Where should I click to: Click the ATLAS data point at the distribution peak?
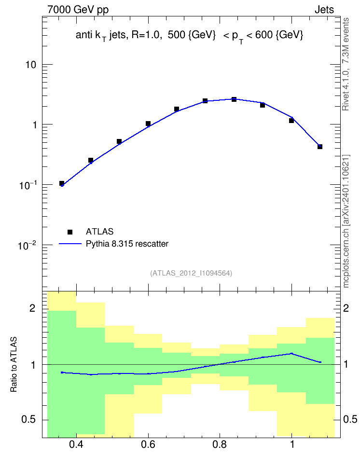(234, 99)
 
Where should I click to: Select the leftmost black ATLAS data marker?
(62, 183)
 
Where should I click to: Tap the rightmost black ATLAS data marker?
(320, 147)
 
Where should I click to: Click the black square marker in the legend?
(70, 232)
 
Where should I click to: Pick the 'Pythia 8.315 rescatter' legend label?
(127, 244)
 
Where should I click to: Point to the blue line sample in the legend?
(70, 244)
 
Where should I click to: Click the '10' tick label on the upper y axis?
(31, 65)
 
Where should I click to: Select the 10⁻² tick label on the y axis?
(27, 246)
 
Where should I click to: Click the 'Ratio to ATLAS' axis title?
(14, 364)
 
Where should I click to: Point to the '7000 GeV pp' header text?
(78, 10)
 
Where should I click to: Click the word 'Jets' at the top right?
(324, 10)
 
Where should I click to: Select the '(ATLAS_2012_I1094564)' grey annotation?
(191, 273)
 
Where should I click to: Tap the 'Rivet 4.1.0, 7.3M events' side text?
(346, 64)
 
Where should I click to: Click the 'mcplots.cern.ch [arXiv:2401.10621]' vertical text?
(346, 221)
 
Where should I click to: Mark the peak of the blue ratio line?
(291, 353)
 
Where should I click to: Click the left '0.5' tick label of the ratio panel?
(28, 419)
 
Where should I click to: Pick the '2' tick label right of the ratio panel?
(346, 308)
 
